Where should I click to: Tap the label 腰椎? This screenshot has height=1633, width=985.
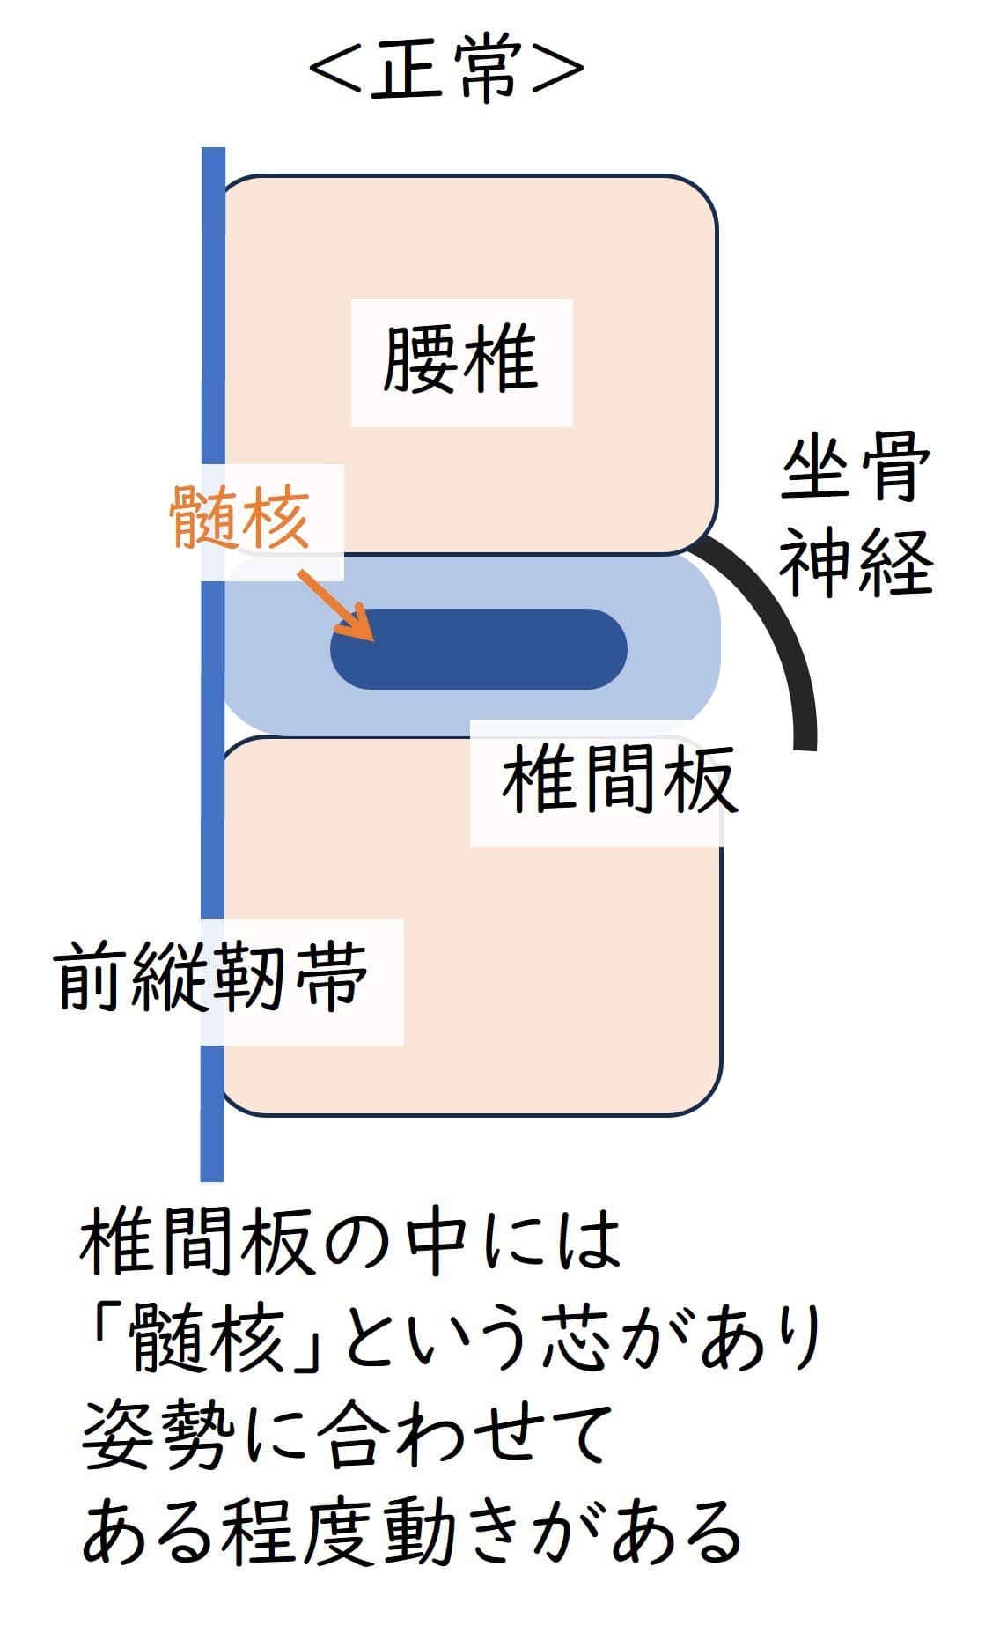coord(461,361)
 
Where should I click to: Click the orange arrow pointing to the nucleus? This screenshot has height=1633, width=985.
coord(335,606)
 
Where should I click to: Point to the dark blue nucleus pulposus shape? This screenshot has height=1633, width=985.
coord(493,649)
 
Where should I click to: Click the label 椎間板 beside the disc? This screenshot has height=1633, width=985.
coord(618,780)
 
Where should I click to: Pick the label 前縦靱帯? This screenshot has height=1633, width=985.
coord(212,978)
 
